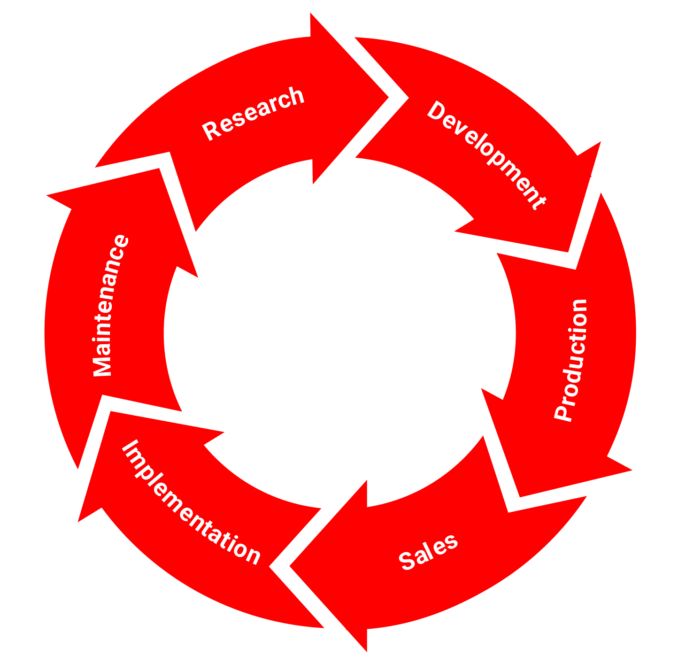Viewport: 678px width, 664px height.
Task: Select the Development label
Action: [x=486, y=155]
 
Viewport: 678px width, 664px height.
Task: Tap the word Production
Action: [x=571, y=360]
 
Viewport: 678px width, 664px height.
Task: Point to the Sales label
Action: [x=428, y=552]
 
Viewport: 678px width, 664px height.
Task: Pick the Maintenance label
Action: [x=109, y=305]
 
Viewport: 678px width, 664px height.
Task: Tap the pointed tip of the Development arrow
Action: [x=569, y=251]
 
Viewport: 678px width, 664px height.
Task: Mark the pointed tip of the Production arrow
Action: [x=520, y=495]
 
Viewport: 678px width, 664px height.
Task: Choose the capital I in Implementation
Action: [x=127, y=446]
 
